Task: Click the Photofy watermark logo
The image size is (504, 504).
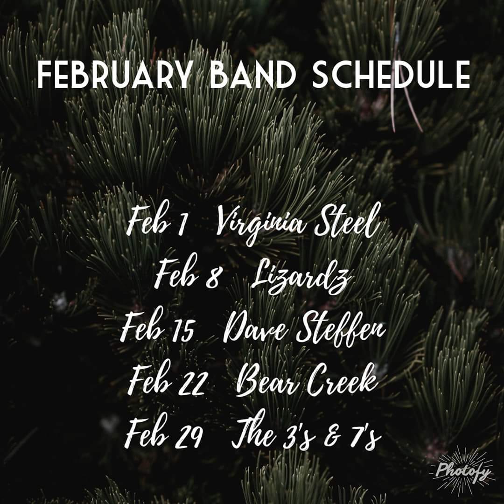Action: click(x=462, y=471)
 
